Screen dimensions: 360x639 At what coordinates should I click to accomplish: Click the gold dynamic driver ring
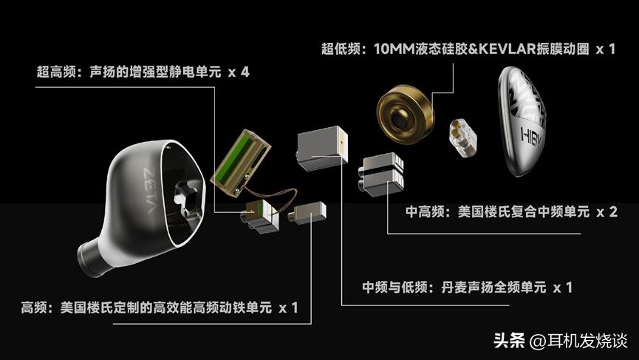(404, 115)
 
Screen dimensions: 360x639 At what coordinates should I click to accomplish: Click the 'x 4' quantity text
(238, 73)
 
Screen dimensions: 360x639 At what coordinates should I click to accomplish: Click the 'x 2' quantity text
(605, 212)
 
